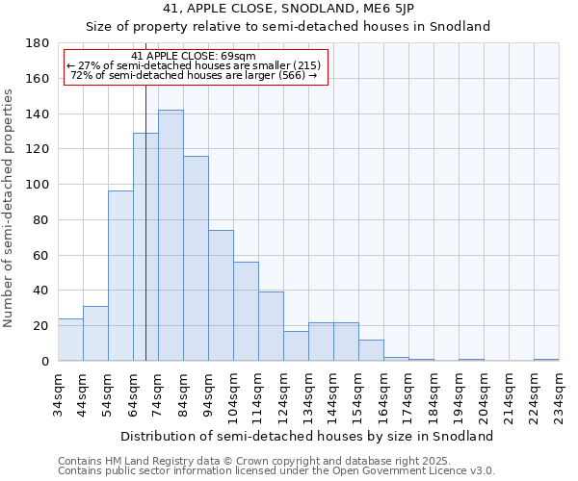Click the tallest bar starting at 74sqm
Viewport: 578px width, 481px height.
tap(171, 236)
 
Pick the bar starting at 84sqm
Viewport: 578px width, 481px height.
tap(196, 259)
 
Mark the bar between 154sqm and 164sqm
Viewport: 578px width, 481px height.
tap(371, 350)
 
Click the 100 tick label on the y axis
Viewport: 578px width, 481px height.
tap(39, 185)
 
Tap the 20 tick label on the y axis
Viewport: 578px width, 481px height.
tap(42, 326)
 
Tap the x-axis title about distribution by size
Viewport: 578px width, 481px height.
tap(307, 436)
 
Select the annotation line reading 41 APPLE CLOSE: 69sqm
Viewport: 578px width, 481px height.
tap(194, 56)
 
